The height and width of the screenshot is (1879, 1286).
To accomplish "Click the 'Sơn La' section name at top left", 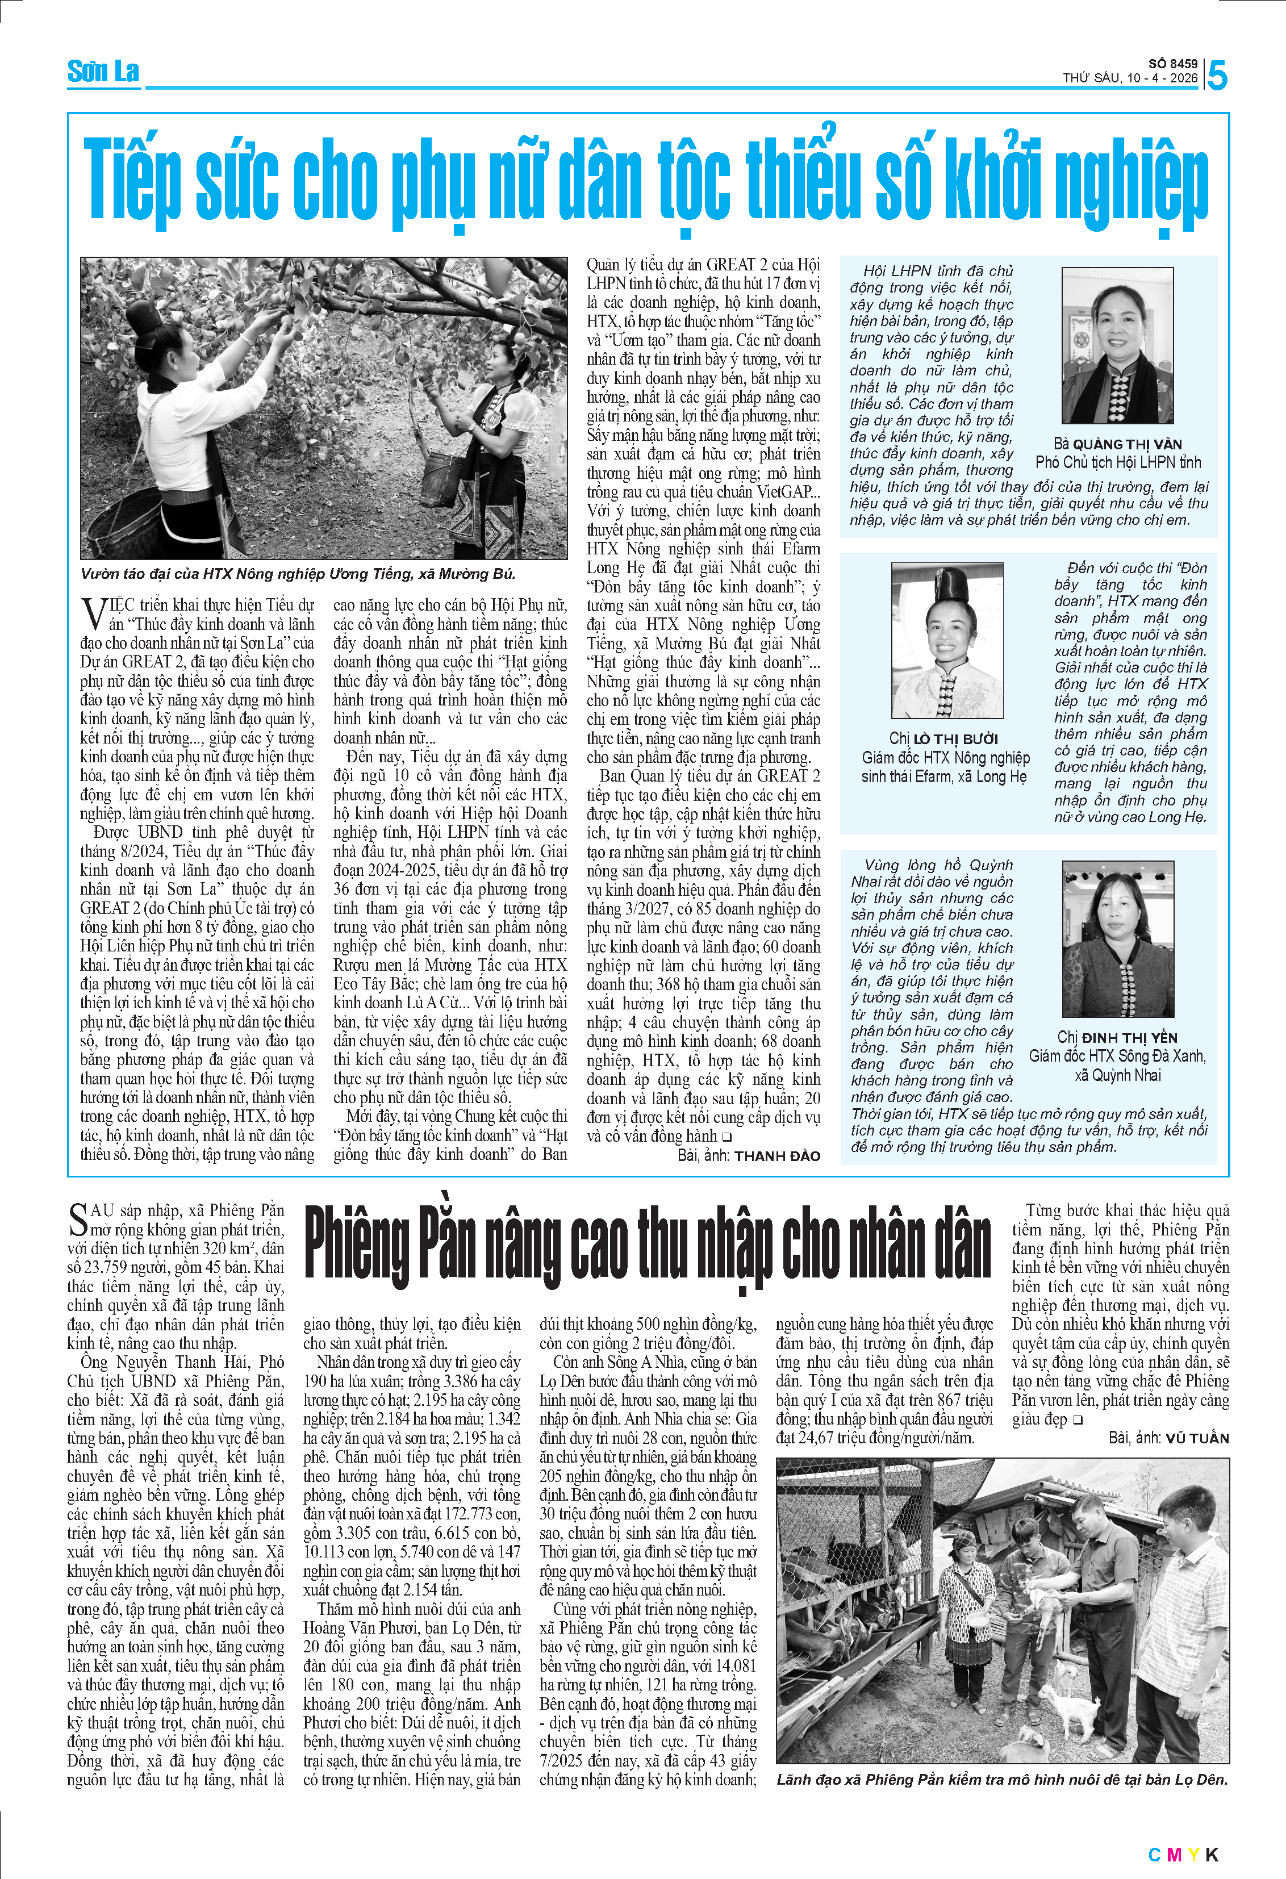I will (103, 72).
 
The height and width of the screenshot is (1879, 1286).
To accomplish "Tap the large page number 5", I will (1217, 76).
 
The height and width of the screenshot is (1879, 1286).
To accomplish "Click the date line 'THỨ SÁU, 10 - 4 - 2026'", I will (1129, 78).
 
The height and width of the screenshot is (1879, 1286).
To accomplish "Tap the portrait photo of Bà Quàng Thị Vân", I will (1116, 346).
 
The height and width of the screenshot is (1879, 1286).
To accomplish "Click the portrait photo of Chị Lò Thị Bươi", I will (946, 640).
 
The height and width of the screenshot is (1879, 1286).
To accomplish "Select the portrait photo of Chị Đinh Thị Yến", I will (1117, 938).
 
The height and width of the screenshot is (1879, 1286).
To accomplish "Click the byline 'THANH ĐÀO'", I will (777, 1156).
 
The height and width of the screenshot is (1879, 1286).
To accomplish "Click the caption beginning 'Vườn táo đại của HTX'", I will (298, 574).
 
